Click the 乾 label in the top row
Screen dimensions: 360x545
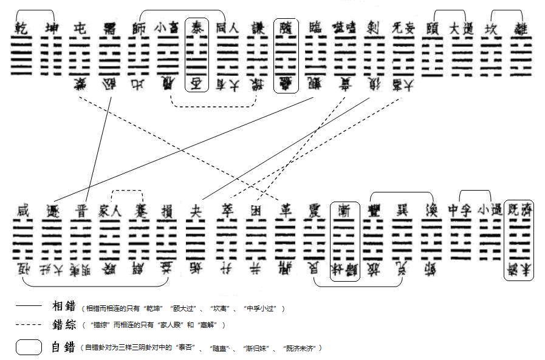click(21, 28)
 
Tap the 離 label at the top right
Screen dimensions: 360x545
click(521, 28)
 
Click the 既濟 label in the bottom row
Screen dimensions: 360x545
click(519, 211)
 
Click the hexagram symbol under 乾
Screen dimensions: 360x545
click(21, 55)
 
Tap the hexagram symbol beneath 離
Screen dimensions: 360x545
click(521, 55)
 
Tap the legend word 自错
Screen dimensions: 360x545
click(63, 347)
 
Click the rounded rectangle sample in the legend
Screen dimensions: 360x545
click(29, 347)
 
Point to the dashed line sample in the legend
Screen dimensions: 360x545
click(29, 325)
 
